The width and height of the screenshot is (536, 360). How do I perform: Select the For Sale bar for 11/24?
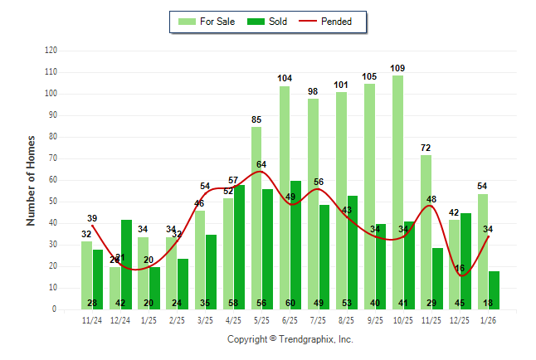pos(87,275)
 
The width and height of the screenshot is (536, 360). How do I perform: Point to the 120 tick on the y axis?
pos(51,51)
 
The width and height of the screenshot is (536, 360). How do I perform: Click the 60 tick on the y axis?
pos(53,180)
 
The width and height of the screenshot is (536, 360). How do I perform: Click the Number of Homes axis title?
pos(32,180)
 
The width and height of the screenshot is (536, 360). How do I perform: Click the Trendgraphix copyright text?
pos(290,339)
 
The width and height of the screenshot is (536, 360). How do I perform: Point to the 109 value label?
pos(397,68)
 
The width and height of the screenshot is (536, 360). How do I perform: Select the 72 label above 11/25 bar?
pos(426,148)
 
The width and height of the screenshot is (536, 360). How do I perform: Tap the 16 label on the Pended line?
pos(460,268)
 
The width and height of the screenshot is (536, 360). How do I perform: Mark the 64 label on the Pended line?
pos(261,165)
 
